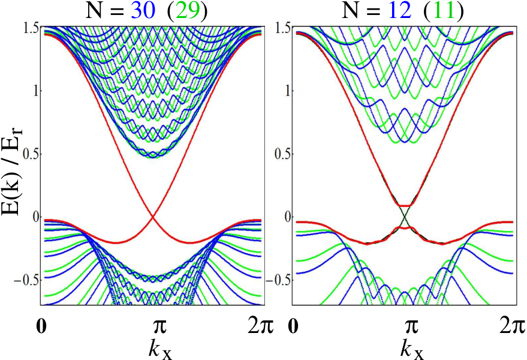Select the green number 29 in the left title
(188, 11)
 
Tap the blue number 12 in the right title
(400, 11)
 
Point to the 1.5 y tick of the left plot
(31, 28)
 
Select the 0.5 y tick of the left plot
(31, 154)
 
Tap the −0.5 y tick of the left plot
(27, 280)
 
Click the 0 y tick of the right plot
(287, 217)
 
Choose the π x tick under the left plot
(159, 327)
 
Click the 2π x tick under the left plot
(260, 326)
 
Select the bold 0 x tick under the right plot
(294, 326)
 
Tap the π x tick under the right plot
(412, 327)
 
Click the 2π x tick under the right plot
(512, 326)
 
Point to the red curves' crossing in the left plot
(153, 217)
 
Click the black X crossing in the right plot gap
(405, 217)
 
